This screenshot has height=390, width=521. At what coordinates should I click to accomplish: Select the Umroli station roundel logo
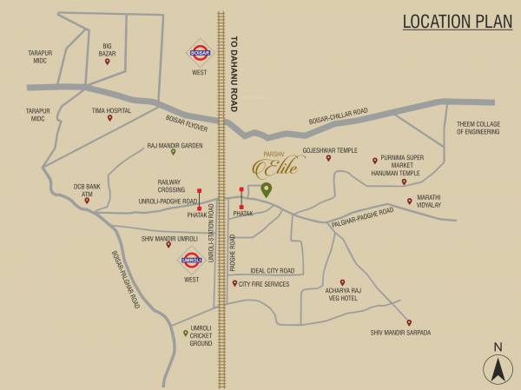(191, 259)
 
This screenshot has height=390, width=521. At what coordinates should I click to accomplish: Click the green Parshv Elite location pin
(267, 189)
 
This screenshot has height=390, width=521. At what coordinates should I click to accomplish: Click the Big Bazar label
(108, 48)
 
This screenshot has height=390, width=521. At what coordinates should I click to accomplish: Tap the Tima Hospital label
(111, 111)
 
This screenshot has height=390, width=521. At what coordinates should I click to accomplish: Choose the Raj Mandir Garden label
(175, 145)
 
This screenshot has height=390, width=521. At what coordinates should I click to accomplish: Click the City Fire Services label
(265, 283)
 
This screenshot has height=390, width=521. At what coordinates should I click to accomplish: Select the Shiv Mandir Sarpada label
(400, 332)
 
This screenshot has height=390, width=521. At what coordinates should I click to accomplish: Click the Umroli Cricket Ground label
(201, 335)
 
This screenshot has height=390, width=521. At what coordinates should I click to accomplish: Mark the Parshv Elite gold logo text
(276, 166)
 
